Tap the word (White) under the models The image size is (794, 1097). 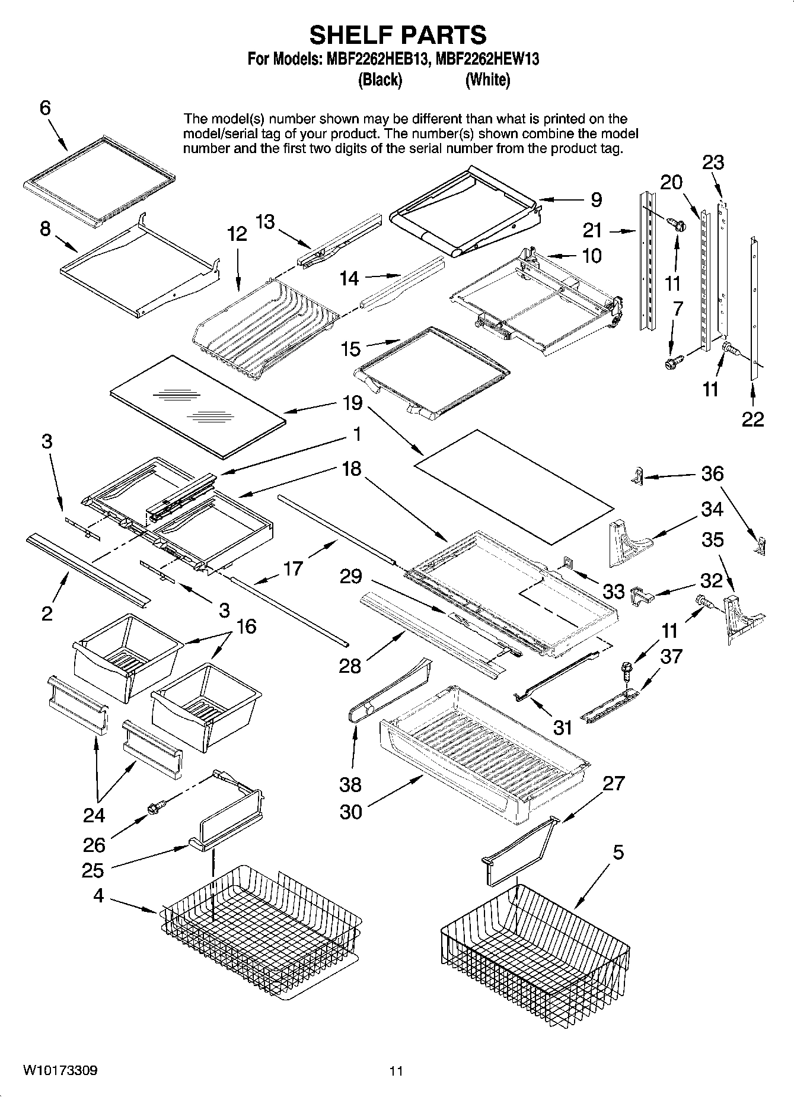[x=487, y=80]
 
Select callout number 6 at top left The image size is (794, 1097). [x=45, y=108]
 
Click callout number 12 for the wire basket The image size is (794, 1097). [x=237, y=234]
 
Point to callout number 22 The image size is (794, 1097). [x=752, y=419]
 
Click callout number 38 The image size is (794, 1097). [x=350, y=784]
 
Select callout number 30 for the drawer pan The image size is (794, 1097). [x=350, y=812]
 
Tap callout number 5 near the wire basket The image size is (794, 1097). [x=618, y=853]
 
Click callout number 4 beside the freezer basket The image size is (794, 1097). [x=98, y=895]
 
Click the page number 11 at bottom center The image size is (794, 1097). [x=396, y=1071]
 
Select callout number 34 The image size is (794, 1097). [x=712, y=509]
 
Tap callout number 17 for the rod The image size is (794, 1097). [x=293, y=568]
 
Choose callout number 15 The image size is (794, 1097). [x=350, y=349]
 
